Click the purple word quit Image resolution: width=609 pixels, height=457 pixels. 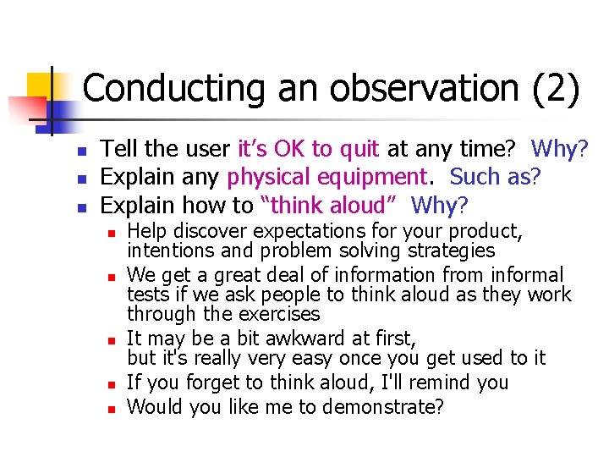[x=359, y=149]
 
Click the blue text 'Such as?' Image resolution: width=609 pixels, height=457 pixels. [x=495, y=177]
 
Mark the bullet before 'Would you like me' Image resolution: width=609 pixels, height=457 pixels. [x=112, y=408]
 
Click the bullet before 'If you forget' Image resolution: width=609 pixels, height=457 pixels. [x=112, y=383]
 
